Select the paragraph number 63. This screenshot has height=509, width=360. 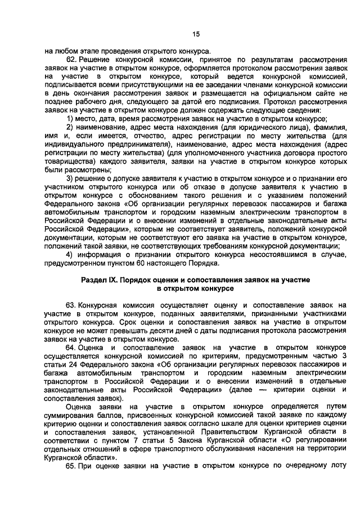pos(71,304)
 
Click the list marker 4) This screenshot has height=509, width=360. pos(70,254)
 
